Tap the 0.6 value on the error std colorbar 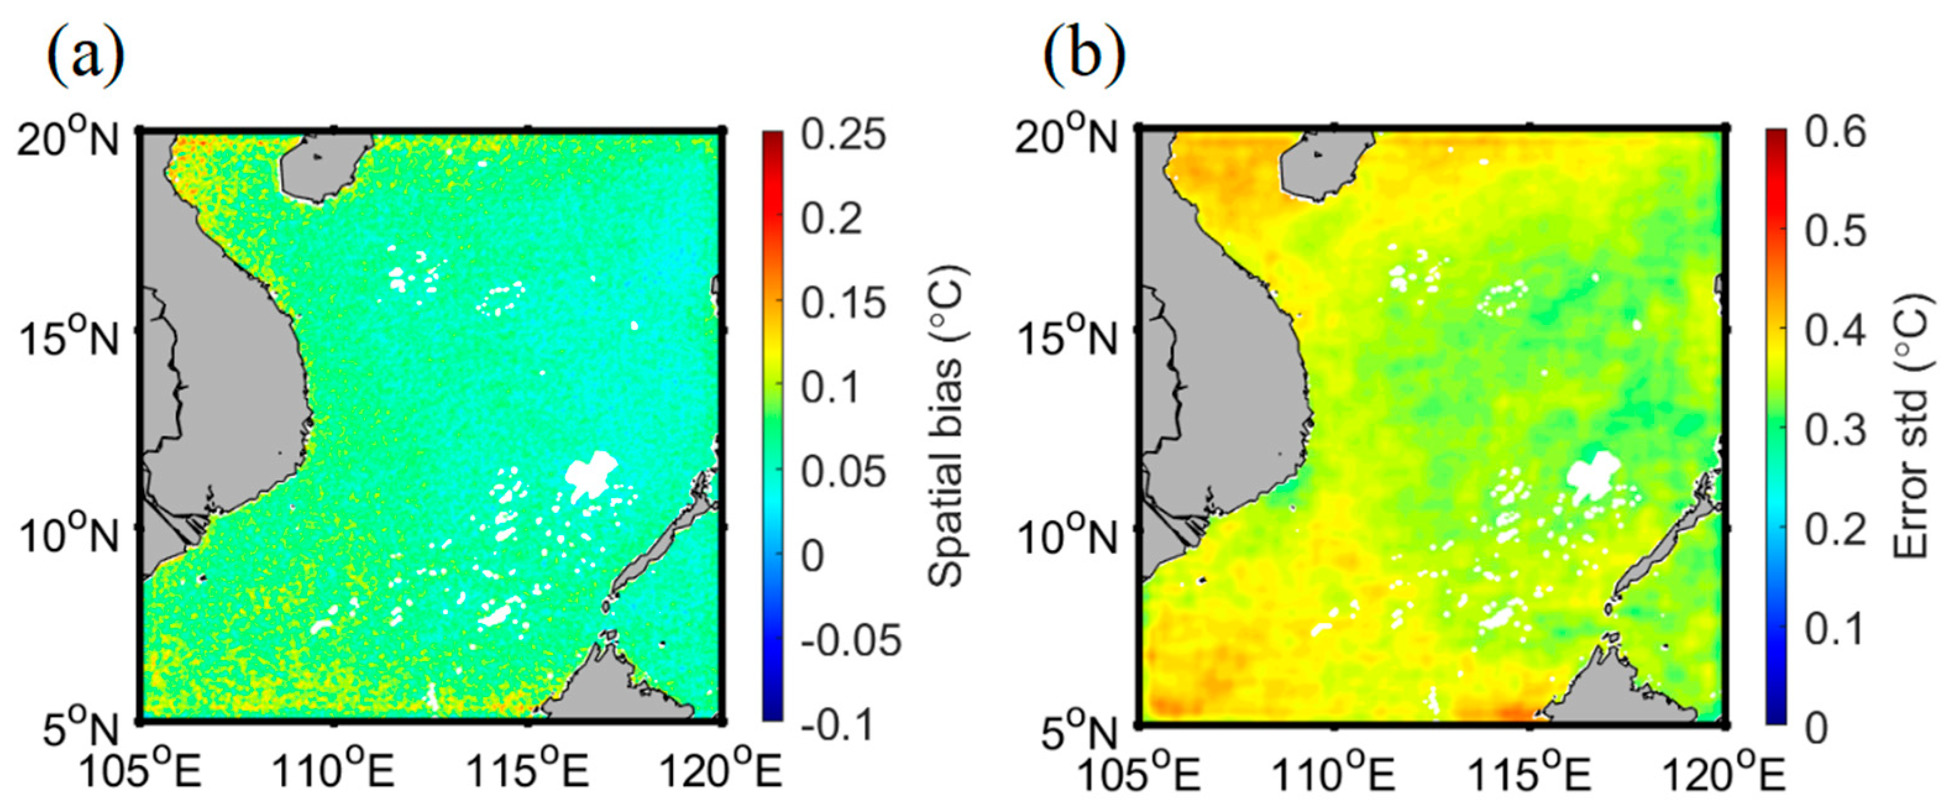(x=1836, y=133)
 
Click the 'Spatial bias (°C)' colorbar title (x=947, y=426)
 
